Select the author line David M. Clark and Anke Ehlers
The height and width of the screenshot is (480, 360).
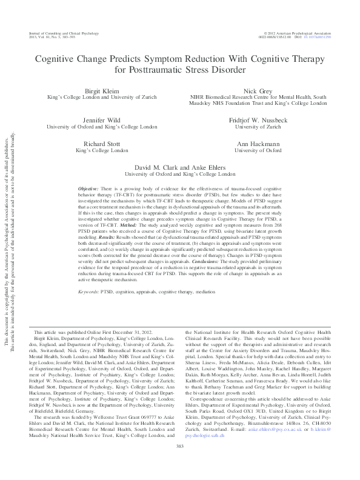point(180,165)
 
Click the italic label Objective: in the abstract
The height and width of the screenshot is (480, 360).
point(90,190)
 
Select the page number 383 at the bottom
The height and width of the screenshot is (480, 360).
point(180,464)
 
